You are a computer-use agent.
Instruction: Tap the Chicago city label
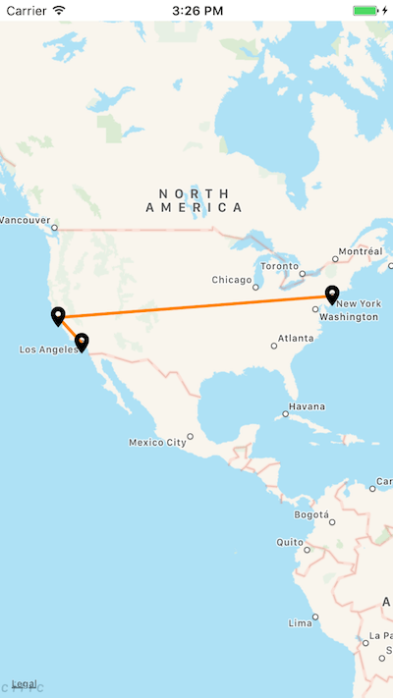click(x=232, y=280)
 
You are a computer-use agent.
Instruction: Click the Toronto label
click(x=280, y=266)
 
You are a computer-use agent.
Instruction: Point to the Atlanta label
click(x=295, y=338)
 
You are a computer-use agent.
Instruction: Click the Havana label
click(x=306, y=406)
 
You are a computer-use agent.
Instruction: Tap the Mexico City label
click(x=157, y=443)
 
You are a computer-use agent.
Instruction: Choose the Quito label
click(x=290, y=542)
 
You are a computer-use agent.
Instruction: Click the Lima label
click(x=300, y=623)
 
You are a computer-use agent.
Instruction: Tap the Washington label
click(x=349, y=317)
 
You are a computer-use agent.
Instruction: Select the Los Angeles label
click(x=45, y=349)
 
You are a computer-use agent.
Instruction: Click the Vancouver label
click(x=23, y=219)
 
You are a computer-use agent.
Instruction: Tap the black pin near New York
click(x=332, y=294)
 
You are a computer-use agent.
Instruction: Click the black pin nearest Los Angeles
click(x=82, y=342)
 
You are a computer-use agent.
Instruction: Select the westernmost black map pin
click(x=58, y=315)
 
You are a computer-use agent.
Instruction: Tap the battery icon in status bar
click(x=366, y=10)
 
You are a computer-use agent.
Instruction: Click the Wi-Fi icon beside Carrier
click(x=59, y=10)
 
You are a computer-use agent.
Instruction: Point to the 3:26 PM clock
click(x=196, y=10)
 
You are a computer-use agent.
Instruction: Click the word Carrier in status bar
click(x=26, y=10)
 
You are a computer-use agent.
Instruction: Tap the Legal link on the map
click(x=24, y=684)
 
